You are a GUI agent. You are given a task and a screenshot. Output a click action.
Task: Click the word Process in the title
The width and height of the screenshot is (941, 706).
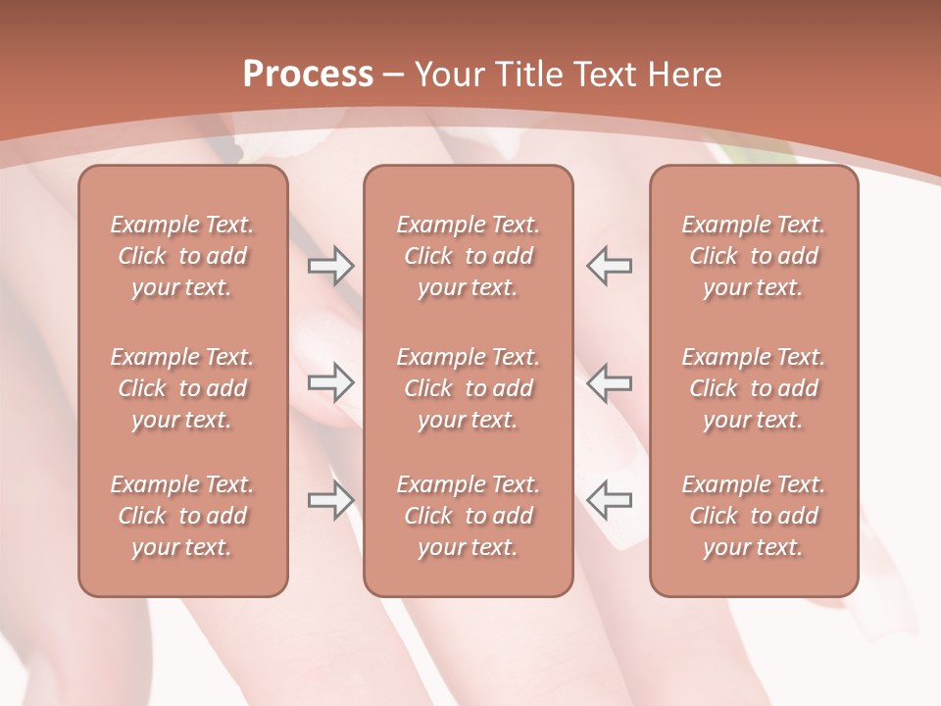(308, 75)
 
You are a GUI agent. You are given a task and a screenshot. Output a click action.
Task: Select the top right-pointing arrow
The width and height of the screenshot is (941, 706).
(331, 265)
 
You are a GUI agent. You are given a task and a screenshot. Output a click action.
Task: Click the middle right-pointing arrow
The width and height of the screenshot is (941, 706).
(331, 382)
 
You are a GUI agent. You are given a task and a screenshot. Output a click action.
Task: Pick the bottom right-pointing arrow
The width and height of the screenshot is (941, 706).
(331, 499)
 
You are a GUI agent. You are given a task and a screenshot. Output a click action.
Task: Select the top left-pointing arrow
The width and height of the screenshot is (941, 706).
(609, 265)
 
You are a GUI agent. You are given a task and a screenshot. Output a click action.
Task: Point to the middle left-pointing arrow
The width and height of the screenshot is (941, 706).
(609, 382)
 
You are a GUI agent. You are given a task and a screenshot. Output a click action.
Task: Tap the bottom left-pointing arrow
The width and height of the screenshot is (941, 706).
(609, 499)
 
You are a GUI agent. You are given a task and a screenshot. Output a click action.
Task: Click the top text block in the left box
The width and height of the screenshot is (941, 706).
(182, 256)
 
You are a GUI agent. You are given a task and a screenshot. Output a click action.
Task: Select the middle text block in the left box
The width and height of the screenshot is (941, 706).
(182, 388)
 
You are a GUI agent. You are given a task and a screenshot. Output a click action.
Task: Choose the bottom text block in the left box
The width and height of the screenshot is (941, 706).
(182, 516)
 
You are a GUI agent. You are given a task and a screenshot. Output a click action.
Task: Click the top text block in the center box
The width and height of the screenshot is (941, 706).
(469, 256)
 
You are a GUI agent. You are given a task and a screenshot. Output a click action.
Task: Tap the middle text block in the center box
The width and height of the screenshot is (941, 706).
(469, 388)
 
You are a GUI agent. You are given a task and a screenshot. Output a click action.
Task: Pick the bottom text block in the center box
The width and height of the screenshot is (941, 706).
(469, 516)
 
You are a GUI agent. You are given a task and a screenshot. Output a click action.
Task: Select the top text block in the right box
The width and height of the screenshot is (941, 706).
(754, 256)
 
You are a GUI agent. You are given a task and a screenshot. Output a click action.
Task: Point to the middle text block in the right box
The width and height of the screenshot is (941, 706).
(754, 388)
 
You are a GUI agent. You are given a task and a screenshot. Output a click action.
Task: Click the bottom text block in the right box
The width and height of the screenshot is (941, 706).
(754, 516)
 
